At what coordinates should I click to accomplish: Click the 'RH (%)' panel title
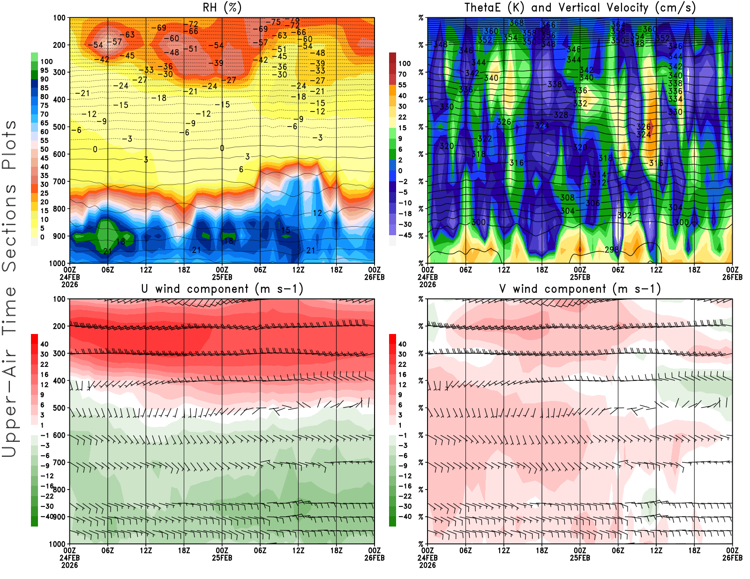pos(222,8)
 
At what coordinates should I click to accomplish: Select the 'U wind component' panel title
pos(222,289)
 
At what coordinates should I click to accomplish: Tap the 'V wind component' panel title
pos(580,289)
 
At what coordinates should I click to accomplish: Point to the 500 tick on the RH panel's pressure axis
pos(59,127)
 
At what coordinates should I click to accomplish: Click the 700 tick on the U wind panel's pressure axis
pos(59,463)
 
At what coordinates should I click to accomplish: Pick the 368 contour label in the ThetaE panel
pos(516,22)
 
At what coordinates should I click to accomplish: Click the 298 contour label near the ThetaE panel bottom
pos(612,250)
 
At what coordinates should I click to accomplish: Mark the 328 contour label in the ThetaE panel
pos(561,115)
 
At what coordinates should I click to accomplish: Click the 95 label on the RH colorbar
pos(44,70)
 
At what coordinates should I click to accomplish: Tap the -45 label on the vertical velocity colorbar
pos(405,235)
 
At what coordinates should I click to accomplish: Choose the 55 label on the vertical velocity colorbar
pos(402,85)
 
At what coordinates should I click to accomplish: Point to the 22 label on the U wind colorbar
pos(44,364)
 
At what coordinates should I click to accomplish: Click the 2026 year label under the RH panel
pos(69,284)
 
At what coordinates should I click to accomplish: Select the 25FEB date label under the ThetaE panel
pos(580,277)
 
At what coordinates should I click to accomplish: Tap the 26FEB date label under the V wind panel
pos(732,558)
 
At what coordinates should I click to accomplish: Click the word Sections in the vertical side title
pos(9,228)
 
